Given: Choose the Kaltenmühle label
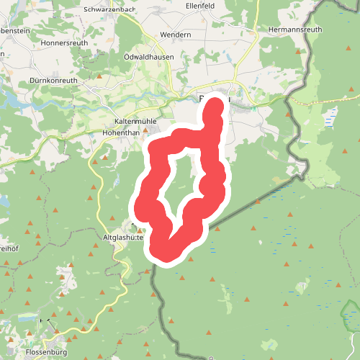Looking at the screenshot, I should (x=135, y=121).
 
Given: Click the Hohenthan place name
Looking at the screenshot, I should (x=124, y=133).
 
